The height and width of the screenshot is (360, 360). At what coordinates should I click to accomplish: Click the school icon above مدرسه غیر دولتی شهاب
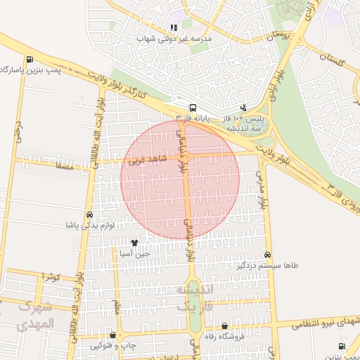tap(173, 28)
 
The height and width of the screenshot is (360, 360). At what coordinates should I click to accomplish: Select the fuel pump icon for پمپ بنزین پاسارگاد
tap(28, 60)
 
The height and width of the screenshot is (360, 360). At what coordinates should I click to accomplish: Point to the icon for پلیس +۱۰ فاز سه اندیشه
tap(243, 108)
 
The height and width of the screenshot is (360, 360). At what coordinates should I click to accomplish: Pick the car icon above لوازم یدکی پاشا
tap(89, 214)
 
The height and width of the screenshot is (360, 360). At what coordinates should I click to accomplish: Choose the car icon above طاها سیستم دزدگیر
tap(268, 254)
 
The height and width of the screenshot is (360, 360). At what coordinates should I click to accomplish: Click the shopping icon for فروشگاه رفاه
tap(224, 326)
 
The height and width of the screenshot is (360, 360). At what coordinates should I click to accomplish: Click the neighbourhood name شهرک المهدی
tap(35, 316)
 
